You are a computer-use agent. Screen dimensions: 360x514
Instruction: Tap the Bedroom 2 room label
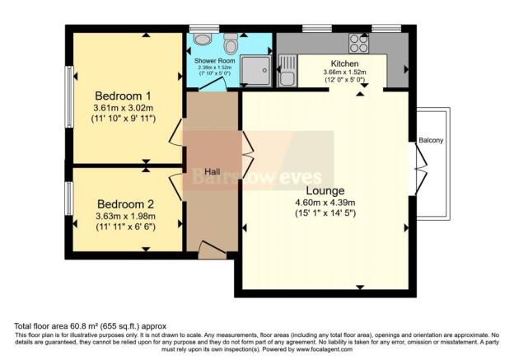click(125, 203)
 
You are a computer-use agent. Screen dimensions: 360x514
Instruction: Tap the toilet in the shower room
click(230, 40)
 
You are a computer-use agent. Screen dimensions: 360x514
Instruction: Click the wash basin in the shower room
click(201, 38)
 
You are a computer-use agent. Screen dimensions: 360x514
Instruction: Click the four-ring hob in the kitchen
click(359, 41)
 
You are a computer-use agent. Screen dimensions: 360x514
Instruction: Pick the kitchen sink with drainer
click(287, 69)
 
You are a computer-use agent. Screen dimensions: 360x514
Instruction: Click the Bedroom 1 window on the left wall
click(70, 92)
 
